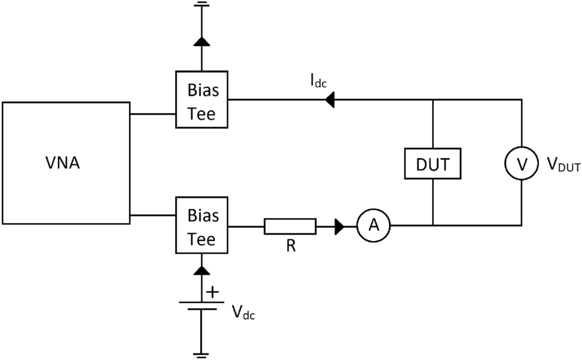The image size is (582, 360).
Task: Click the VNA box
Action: (66, 163)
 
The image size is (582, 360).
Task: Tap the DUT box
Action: (433, 163)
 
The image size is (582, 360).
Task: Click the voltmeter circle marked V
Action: (522, 164)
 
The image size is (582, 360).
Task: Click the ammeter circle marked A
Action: (373, 225)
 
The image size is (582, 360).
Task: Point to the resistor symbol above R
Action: (290, 226)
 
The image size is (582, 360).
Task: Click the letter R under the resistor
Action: (291, 246)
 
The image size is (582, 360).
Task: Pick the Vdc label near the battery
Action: (243, 312)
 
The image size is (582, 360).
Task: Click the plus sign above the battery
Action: (212, 291)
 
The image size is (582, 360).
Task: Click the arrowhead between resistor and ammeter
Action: (339, 226)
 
